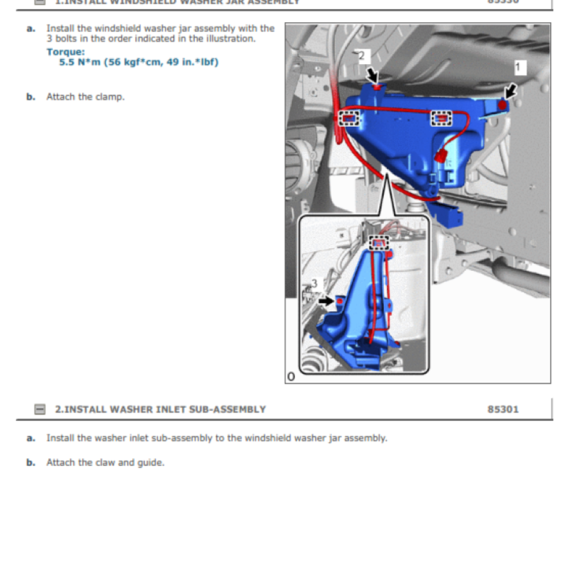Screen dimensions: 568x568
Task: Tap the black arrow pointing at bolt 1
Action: [510, 90]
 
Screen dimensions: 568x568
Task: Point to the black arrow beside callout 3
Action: [327, 301]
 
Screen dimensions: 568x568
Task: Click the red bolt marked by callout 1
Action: [503, 105]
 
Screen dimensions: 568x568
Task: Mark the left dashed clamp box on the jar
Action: [349, 118]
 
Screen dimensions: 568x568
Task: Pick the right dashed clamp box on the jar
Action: [441, 118]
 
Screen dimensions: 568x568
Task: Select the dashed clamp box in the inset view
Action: [379, 243]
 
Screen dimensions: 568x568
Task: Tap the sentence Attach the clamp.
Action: [85, 97]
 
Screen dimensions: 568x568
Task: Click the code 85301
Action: [503, 409]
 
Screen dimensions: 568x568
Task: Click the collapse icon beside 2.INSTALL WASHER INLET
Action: [39, 410]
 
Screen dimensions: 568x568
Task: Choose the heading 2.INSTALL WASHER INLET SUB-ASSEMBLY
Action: [160, 409]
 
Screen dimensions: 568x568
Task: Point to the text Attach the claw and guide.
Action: [105, 462]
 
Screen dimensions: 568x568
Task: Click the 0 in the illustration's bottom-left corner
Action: [291, 377]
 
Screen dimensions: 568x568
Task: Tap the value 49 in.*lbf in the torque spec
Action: [191, 62]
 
